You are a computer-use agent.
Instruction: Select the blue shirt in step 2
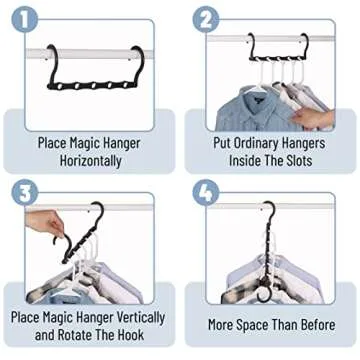tap(240, 110)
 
